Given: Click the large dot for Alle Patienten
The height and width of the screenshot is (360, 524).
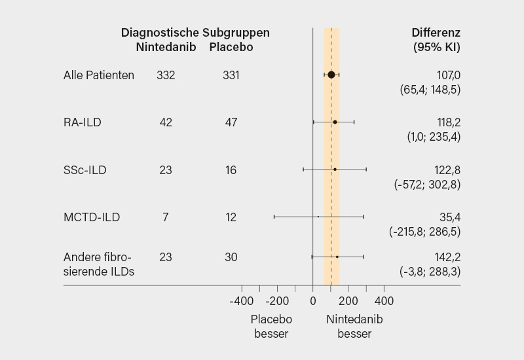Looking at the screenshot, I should pyautogui.click(x=331, y=75).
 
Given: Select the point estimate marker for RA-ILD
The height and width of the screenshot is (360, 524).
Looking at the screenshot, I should pyautogui.click(x=335, y=122).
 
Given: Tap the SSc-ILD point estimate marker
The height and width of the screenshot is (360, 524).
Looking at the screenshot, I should pyautogui.click(x=335, y=170).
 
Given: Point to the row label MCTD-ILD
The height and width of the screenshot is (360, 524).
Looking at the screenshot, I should pyautogui.click(x=92, y=217).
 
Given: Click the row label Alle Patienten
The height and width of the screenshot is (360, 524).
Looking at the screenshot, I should pyautogui.click(x=99, y=75).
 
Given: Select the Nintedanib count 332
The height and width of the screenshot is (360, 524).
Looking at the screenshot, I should pyautogui.click(x=166, y=75).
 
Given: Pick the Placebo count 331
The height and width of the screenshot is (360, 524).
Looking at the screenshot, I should pyautogui.click(x=231, y=75).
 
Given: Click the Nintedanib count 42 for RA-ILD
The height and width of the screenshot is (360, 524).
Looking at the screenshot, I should pyautogui.click(x=166, y=122).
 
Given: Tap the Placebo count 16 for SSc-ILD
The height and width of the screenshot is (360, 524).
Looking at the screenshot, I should pyautogui.click(x=231, y=170).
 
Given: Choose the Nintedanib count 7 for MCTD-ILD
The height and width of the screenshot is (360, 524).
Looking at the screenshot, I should pyautogui.click(x=166, y=217).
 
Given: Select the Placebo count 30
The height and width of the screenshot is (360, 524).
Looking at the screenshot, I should pyautogui.click(x=231, y=257).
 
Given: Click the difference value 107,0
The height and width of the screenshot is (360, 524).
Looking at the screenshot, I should pyautogui.click(x=449, y=75).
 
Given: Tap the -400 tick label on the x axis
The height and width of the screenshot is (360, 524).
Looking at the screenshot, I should pyautogui.click(x=241, y=301).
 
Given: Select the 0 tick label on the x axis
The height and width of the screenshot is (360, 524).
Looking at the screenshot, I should pyautogui.click(x=312, y=301).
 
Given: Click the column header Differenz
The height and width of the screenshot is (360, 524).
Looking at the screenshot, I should pyautogui.click(x=436, y=33).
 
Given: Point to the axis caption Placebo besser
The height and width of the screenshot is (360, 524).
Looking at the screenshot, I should pyautogui.click(x=272, y=326).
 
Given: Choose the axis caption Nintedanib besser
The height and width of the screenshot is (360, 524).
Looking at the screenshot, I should pyautogui.click(x=354, y=326).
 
